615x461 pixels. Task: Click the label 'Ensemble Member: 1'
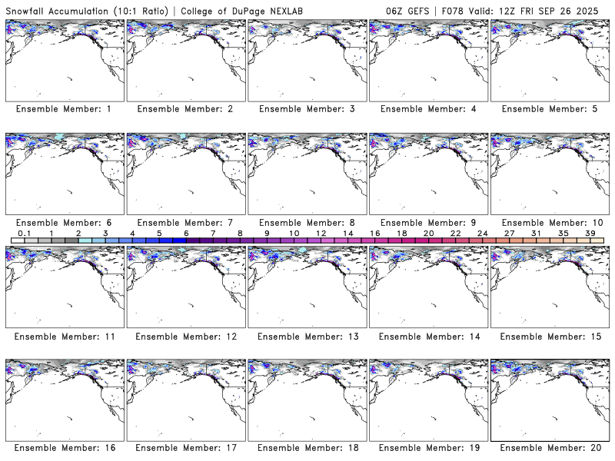pyautogui.click(x=64, y=109)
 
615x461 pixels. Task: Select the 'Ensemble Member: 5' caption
pyautogui.click(x=549, y=109)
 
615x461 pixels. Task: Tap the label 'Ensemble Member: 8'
pyautogui.click(x=306, y=223)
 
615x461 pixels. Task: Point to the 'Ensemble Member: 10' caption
pyautogui.click(x=549, y=223)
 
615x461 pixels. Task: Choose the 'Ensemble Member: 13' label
pyautogui.click(x=306, y=337)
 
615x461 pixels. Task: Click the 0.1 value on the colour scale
pyautogui.click(x=24, y=233)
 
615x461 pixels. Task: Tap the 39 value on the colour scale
pyautogui.click(x=590, y=233)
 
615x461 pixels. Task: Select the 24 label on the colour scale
pyautogui.click(x=482, y=233)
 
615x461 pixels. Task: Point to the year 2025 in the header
pyautogui.click(x=595, y=8)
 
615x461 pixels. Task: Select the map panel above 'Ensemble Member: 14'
pyautogui.click(x=427, y=285)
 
